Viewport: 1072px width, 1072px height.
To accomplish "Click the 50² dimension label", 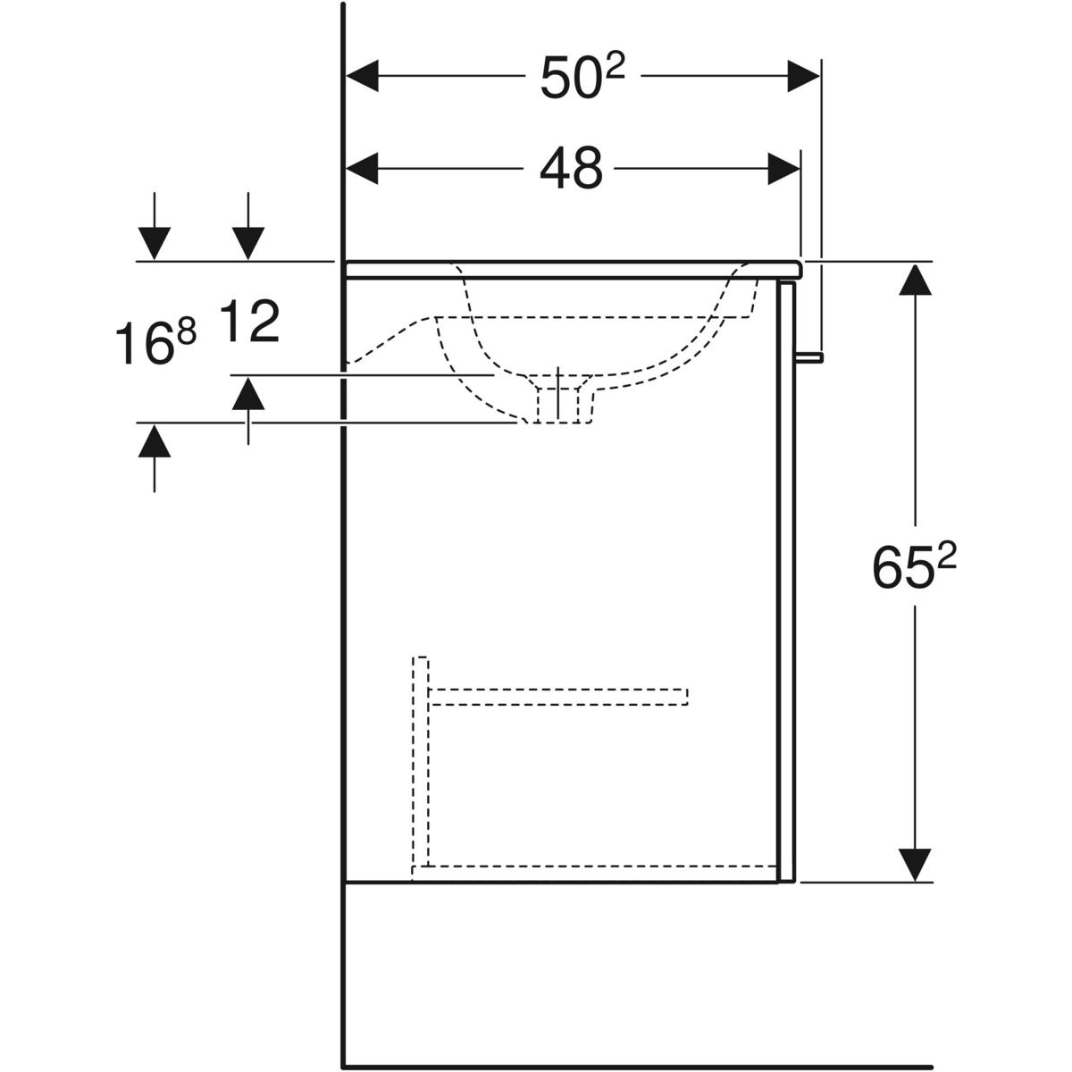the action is coord(582,77).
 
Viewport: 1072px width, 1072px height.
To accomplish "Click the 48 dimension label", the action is coord(571,168).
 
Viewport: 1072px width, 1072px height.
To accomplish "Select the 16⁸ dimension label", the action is coord(155,343).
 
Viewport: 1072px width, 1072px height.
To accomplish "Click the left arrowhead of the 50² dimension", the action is coord(362,76).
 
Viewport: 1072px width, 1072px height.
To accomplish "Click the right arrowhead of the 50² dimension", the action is coord(803,76).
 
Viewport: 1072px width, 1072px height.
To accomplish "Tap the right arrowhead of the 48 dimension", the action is coord(783,169).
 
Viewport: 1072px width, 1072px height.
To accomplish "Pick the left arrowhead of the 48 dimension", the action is coord(362,169).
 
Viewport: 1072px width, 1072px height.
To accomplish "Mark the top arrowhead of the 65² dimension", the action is coord(915,280).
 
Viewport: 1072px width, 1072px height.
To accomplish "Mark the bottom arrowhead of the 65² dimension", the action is coord(915,865).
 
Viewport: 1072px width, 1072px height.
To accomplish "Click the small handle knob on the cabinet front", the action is coord(809,357).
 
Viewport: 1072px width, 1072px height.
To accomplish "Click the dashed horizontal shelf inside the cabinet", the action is coord(558,697).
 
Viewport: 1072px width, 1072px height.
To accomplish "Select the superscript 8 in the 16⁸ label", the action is coord(188,334).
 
